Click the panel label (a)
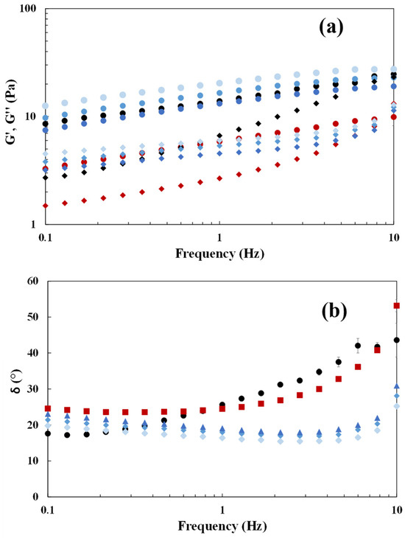331,28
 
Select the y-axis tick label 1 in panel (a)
33,224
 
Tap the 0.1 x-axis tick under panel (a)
45,237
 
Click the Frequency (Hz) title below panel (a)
220,254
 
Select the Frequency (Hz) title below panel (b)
222,525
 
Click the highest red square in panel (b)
397,305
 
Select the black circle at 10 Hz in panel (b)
397,340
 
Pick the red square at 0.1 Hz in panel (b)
48,408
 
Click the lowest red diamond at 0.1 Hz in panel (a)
45,206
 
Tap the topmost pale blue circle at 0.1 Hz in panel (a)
45,106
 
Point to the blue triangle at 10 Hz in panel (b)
397,386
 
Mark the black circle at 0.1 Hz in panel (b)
48,433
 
